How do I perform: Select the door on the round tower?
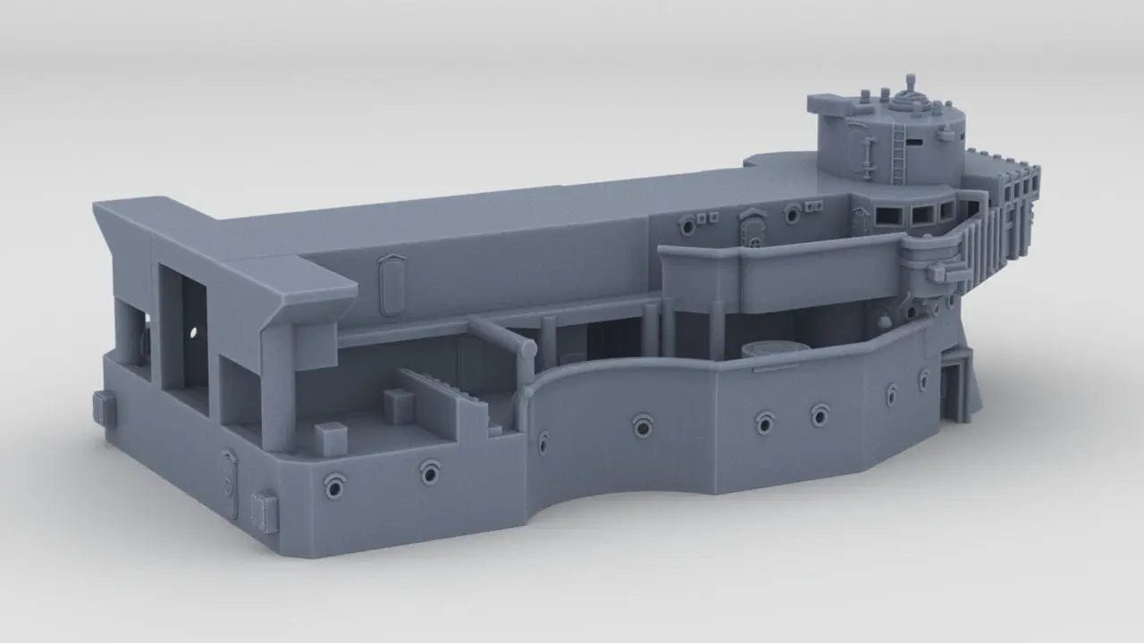(x=863, y=148)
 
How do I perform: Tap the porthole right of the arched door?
(x=792, y=214)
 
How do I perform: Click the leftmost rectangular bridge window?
(x=888, y=213)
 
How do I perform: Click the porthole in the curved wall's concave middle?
(x=641, y=426)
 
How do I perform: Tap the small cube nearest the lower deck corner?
(x=331, y=438)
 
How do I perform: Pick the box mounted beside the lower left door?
(x=265, y=513)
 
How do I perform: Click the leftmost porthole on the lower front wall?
(x=335, y=488)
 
